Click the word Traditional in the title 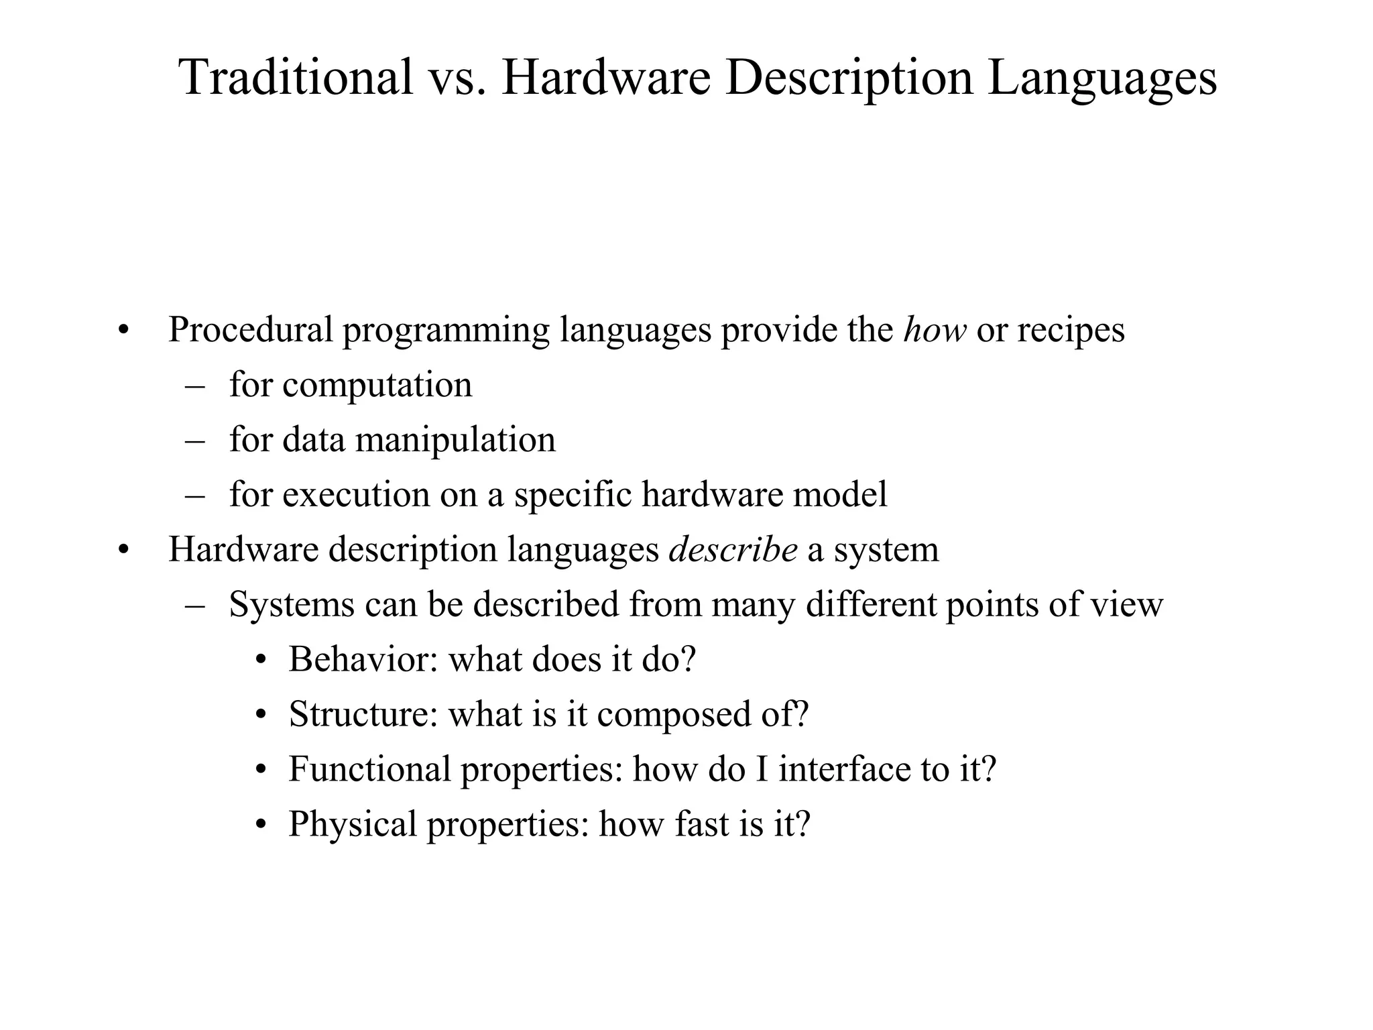[296, 77]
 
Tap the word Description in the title [848, 77]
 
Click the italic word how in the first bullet [935, 330]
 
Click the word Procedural [250, 330]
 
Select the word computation [377, 386]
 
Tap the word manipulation [455, 441]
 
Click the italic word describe [733, 550]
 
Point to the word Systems [292, 605]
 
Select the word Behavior [363, 659]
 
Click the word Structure [363, 714]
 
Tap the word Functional [369, 769]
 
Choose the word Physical [353, 824]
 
